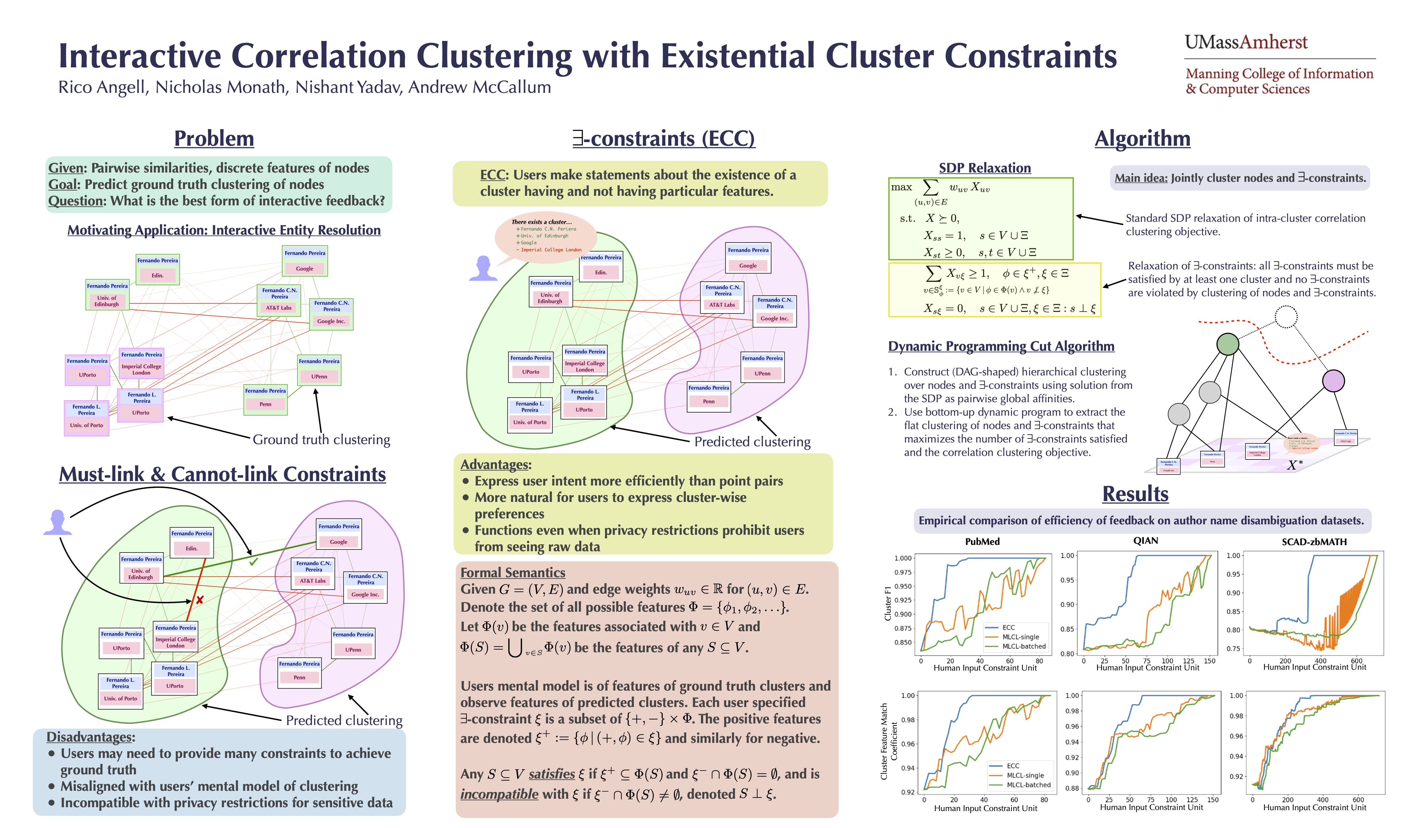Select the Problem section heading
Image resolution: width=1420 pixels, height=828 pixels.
[x=214, y=139]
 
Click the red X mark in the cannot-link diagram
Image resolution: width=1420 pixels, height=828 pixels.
[x=200, y=600]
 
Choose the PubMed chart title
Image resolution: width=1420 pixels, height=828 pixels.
[x=982, y=541]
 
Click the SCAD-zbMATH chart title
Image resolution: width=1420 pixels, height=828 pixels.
[x=1314, y=542]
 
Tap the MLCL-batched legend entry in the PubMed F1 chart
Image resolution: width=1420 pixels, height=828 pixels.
[x=1023, y=646]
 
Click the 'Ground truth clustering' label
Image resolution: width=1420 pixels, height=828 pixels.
[x=321, y=440]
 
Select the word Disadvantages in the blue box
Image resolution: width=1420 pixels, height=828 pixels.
[x=90, y=737]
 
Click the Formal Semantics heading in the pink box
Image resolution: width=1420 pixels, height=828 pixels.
[x=513, y=572]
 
